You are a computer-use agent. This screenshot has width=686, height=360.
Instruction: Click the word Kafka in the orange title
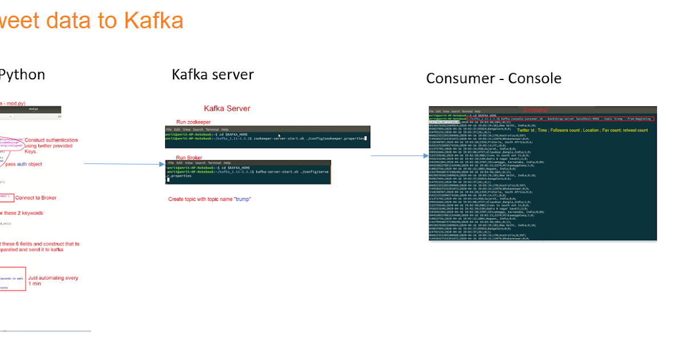point(153,21)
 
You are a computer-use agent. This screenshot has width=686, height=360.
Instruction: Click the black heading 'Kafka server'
point(213,74)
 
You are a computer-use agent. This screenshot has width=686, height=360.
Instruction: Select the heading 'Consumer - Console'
point(493,78)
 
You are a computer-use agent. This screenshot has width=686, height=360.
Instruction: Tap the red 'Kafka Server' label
point(227,109)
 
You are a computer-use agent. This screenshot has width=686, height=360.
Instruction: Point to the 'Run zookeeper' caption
point(193,122)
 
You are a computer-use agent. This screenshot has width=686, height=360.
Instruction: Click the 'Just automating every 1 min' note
point(53,281)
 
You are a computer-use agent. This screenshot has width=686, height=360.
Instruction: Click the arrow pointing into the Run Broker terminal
point(160,164)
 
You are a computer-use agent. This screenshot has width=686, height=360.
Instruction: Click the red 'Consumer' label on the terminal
point(535,110)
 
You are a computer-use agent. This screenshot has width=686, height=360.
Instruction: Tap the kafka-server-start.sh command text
point(292,171)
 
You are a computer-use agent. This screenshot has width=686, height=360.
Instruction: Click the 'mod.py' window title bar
point(33,109)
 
